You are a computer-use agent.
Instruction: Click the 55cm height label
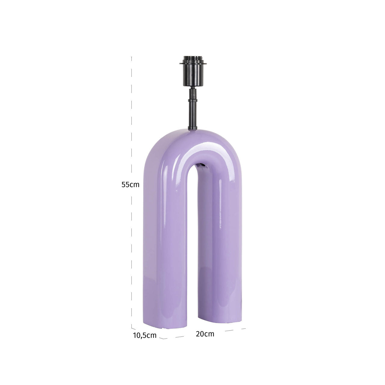(130, 185)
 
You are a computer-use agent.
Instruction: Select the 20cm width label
(205, 334)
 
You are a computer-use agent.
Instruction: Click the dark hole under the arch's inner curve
(201, 165)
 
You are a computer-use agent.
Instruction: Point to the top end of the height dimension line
(131, 57)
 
